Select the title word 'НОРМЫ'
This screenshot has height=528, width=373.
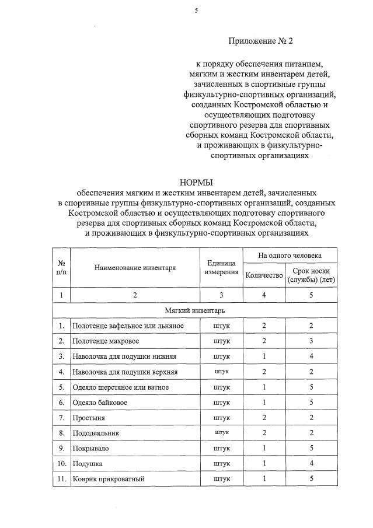click(196, 183)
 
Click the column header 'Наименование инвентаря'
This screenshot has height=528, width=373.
click(135, 268)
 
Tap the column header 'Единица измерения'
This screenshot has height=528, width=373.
click(221, 268)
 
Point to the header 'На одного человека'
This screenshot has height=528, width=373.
click(290, 256)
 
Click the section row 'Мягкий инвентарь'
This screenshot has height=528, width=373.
click(195, 310)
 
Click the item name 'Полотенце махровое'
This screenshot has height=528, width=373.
click(106, 340)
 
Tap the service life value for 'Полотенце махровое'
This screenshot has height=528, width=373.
click(311, 340)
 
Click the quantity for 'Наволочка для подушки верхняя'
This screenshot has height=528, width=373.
click(264, 371)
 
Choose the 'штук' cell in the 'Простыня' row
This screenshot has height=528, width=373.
click(221, 418)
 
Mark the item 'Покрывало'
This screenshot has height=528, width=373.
click(90, 448)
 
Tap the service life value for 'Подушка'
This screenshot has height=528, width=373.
click(311, 463)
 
